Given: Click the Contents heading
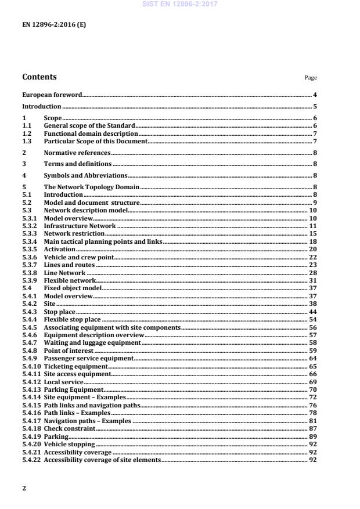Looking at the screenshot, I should tap(39, 77).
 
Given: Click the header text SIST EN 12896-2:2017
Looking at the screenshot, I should tap(179, 5).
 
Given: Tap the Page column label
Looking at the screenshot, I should tap(312, 78).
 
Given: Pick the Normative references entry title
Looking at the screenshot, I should tap(77, 153).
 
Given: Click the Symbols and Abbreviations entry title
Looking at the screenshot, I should tap(85, 175).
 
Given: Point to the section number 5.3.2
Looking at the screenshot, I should tap(30, 225).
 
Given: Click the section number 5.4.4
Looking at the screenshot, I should tap(30, 319).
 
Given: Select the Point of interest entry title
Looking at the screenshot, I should tap(69, 351).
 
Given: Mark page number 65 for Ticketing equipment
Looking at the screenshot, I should tap(313, 367).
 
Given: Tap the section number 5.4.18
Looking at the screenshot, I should tap(31, 429).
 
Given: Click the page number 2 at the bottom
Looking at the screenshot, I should tap(24, 488).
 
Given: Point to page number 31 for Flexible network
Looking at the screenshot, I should tap(313, 280).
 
